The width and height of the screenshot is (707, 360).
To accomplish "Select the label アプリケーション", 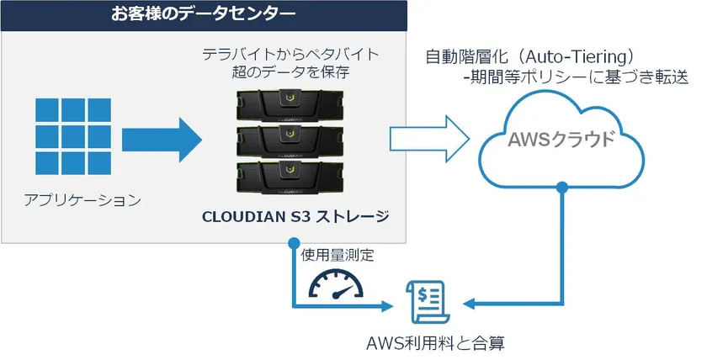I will click(x=82, y=200).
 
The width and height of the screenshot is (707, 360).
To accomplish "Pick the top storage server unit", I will click(x=290, y=103).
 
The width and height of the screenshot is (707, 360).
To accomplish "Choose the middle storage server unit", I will click(x=290, y=137).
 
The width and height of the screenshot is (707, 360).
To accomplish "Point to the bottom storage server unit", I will click(x=290, y=171).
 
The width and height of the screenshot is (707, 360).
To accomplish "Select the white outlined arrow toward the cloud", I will click(x=429, y=135).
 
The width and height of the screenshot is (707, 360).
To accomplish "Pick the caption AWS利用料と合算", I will click(x=437, y=343).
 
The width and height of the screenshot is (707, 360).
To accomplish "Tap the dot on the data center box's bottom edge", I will click(x=292, y=244).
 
